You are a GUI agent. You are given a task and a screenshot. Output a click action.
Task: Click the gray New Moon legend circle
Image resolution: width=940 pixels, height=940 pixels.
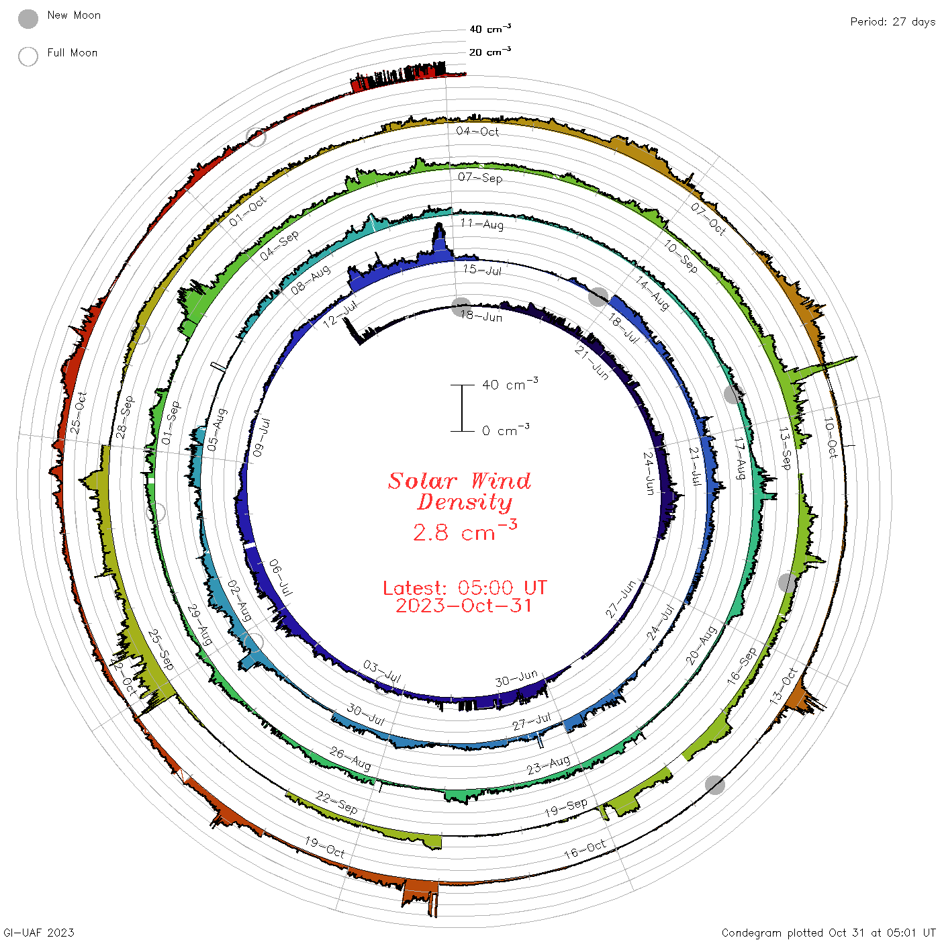pyautogui.click(x=28, y=19)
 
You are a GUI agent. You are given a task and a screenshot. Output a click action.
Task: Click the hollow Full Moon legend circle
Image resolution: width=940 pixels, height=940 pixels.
pyautogui.click(x=28, y=56)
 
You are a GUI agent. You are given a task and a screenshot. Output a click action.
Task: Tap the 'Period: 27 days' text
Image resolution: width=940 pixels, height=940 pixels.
pyautogui.click(x=892, y=22)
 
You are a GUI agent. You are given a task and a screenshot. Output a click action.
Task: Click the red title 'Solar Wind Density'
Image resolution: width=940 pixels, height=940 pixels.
pyautogui.click(x=459, y=491)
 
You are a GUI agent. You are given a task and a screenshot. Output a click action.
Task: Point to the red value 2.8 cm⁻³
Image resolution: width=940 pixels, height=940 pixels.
pyautogui.click(x=465, y=531)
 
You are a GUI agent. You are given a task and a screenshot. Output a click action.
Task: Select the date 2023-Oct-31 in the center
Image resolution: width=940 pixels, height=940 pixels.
pyautogui.click(x=463, y=606)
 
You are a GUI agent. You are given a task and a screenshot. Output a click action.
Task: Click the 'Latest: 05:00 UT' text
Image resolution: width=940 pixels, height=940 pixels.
pyautogui.click(x=465, y=587)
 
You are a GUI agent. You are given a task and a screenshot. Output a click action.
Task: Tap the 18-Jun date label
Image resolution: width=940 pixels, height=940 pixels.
pyautogui.click(x=481, y=317)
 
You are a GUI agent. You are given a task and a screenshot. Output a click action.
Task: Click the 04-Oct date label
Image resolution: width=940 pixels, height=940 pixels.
pyautogui.click(x=477, y=131)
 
